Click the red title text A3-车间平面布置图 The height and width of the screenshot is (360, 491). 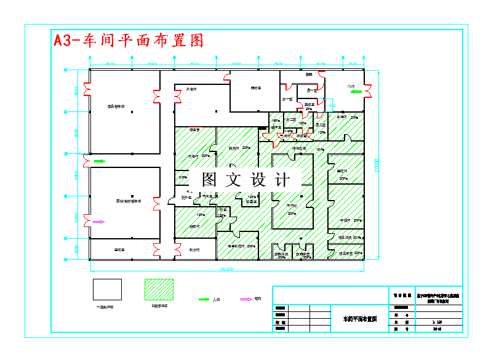tap(128, 41)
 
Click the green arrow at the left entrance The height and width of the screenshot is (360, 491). tap(99, 161)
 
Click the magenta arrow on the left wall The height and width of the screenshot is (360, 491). tap(98, 222)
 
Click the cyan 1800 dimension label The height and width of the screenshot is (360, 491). tap(332, 106)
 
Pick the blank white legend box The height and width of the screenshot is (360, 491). tap(107, 289)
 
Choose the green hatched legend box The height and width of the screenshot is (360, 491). tap(159, 289)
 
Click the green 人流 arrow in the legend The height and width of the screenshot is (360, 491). tap(203, 299)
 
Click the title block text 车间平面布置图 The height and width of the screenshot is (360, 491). tap(359, 319)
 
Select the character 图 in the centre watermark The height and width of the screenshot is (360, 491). tap(209, 180)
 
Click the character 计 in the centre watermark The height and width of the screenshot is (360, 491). tap(283, 180)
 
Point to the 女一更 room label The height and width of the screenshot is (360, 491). tap(287, 98)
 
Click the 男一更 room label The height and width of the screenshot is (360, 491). tap(311, 91)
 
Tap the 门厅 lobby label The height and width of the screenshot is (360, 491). tap(351, 87)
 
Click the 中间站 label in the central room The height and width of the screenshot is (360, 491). tap(292, 206)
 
